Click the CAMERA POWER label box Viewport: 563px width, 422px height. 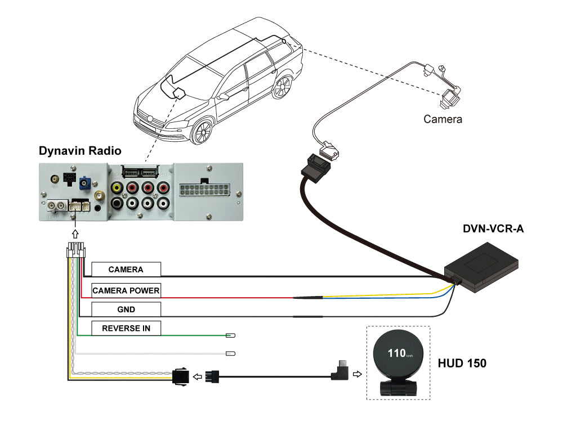(126, 290)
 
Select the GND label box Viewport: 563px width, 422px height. (126, 309)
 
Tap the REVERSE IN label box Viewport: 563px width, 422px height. (126, 328)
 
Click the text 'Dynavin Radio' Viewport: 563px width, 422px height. (79, 151)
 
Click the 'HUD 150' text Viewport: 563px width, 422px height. (462, 363)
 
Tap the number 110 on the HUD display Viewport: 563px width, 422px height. (396, 353)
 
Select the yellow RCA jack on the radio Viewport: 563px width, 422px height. (117, 188)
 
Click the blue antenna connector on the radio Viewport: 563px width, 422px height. (86, 182)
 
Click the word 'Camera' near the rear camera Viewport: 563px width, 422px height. (443, 119)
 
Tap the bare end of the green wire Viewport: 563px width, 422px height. (230, 336)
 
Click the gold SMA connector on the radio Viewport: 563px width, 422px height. (99, 196)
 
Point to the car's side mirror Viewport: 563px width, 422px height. (223, 96)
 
